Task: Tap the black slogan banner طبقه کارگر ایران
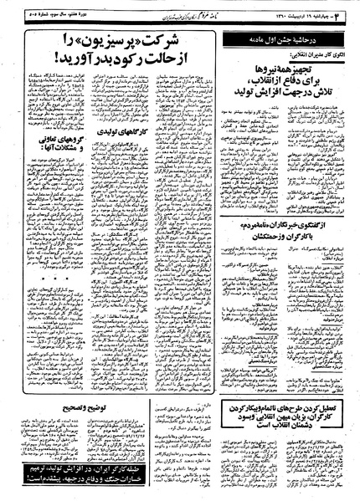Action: (59, 468)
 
